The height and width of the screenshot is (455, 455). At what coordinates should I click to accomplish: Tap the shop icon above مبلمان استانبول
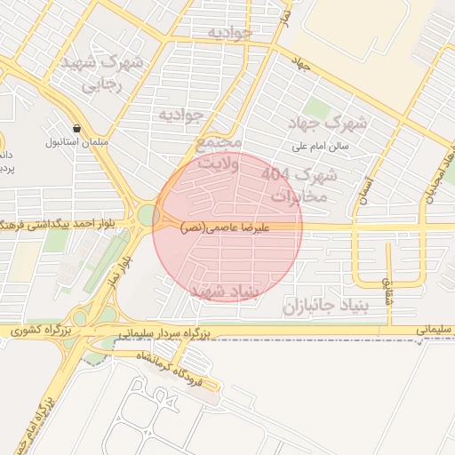pyautogui.click(x=77, y=127)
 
